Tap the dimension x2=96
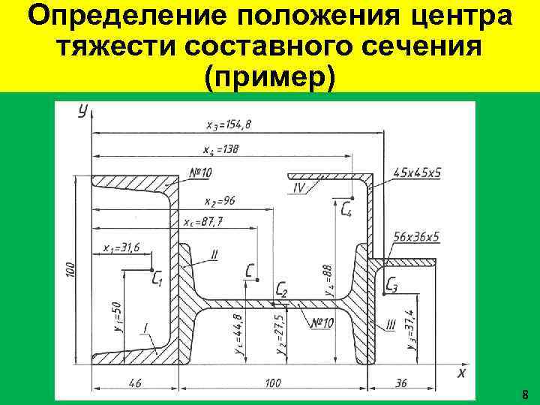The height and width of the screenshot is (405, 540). point(219,200)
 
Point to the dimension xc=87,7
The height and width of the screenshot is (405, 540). point(207,222)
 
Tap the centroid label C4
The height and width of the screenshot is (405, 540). point(345,209)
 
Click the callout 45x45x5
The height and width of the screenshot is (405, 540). point(417,172)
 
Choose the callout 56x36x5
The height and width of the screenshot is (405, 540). point(415,237)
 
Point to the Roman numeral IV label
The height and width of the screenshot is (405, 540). point(299,187)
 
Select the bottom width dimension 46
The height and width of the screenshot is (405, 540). point(134,382)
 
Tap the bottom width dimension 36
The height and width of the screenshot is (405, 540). point(400,382)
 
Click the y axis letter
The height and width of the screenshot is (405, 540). point(82,112)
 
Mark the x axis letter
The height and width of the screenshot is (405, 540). point(462,372)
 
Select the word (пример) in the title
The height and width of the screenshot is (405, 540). point(269,76)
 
